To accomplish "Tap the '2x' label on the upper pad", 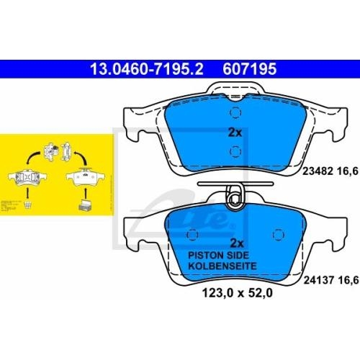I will coord(235,133).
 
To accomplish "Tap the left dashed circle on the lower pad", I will coord(193,234).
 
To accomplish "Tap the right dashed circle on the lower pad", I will coord(276,234).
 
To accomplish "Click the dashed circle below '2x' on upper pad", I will coord(235,150).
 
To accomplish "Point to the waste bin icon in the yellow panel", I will coord(27,205).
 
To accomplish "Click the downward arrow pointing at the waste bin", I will coord(27,192).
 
